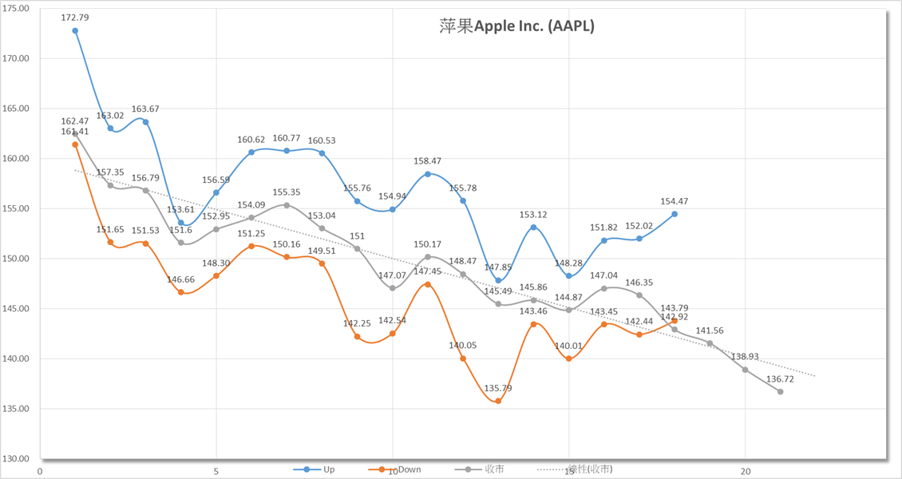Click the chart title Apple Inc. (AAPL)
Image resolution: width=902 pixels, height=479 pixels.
tap(516, 26)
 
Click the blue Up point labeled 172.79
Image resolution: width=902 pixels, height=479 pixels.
tap(75, 31)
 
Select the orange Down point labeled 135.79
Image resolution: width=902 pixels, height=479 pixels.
tap(498, 401)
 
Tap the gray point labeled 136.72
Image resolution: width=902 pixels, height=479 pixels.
tap(780, 391)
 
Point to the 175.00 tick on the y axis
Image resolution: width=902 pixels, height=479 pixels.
tap(17, 8)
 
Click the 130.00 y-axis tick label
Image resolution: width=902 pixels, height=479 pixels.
tap(17, 459)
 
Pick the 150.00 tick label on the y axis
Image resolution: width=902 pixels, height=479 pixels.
tap(17, 259)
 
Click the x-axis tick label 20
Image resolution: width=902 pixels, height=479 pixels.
tap(745, 471)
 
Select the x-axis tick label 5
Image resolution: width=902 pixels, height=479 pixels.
tap(216, 471)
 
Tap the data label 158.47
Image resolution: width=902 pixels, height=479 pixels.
tap(428, 161)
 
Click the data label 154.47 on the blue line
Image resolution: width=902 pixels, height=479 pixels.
tap(675, 201)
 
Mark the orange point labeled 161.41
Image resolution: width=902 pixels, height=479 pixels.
tap(75, 144)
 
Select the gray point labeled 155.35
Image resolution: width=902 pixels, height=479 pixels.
tap(287, 205)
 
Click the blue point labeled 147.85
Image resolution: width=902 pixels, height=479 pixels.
tap(498, 280)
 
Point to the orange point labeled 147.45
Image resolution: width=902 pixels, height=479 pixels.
tap(428, 284)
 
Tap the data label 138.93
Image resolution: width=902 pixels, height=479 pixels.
tap(745, 356)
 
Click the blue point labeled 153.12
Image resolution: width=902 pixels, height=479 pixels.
tap(533, 228)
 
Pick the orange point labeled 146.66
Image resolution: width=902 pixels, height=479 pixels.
tap(181, 292)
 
